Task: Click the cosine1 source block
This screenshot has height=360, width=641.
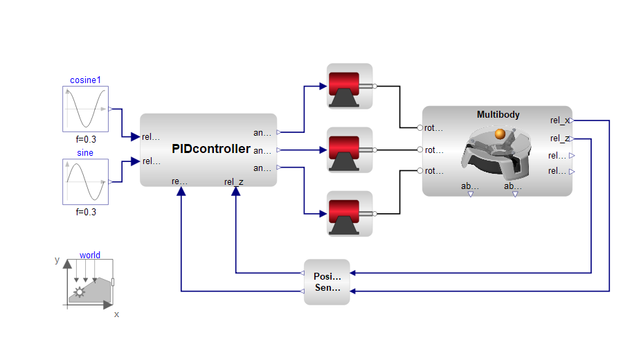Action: click(x=86, y=109)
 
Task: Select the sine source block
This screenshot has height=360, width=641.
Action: click(x=86, y=182)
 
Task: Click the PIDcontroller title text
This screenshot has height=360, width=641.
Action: click(x=211, y=148)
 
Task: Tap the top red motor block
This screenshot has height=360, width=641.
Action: click(x=350, y=87)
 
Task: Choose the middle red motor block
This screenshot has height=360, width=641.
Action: click(x=350, y=150)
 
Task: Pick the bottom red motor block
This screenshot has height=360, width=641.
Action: click(x=350, y=213)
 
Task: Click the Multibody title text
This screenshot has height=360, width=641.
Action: click(x=498, y=114)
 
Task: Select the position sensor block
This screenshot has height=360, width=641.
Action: click(x=327, y=282)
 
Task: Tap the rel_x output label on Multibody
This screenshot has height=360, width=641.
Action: click(x=560, y=120)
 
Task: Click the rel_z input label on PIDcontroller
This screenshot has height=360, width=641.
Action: click(x=233, y=182)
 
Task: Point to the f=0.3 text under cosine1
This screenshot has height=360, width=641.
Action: click(x=86, y=139)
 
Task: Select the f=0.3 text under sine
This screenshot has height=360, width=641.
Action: click(x=86, y=213)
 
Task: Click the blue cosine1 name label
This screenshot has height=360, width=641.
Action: click(x=86, y=80)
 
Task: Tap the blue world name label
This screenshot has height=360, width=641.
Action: click(x=90, y=255)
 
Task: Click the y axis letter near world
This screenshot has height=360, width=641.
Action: click(x=57, y=260)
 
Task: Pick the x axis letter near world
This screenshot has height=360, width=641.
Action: click(x=116, y=314)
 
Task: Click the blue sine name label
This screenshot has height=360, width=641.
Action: click(x=86, y=153)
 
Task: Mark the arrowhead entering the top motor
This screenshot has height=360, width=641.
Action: click(x=322, y=87)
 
